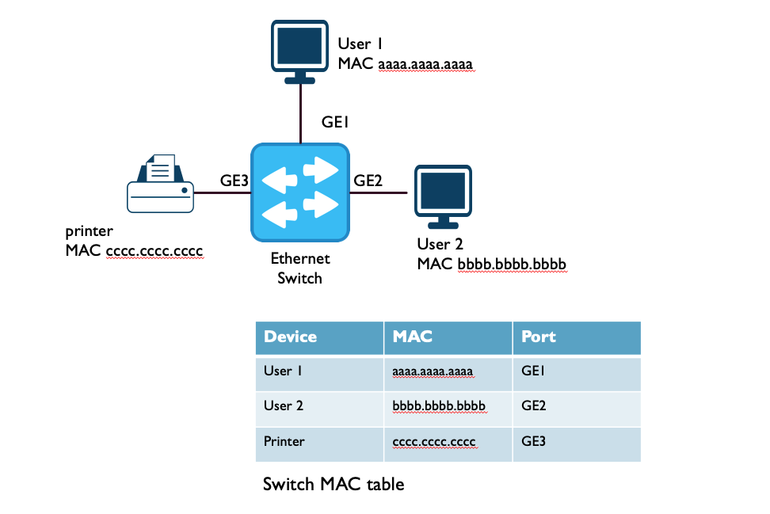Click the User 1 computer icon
(x=299, y=49)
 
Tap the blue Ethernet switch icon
(x=300, y=192)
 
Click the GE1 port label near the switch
(x=335, y=123)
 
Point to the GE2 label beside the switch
(x=368, y=181)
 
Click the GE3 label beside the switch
(x=234, y=181)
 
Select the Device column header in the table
(x=290, y=337)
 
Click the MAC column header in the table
(x=413, y=337)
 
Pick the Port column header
(x=539, y=337)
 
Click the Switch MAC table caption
(x=334, y=484)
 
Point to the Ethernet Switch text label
(x=300, y=268)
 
